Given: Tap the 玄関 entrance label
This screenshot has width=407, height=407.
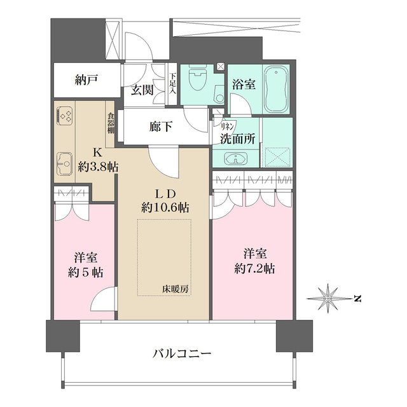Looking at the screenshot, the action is (142, 90).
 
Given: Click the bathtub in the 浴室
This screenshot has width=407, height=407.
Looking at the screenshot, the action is (276, 89).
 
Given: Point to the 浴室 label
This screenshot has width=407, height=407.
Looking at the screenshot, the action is (244, 85).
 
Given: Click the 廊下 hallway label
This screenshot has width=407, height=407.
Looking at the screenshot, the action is (161, 127).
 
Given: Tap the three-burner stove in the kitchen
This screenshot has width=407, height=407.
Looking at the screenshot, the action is (65, 116).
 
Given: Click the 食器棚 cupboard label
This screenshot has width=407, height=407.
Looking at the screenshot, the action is (111, 123).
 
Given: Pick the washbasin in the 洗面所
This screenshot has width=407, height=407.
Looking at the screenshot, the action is (236, 158).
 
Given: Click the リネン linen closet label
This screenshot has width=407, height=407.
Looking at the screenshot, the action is (228, 126).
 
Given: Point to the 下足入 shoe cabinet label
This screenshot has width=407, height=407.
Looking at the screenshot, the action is (172, 83).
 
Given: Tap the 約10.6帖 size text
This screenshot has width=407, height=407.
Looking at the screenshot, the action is (165, 208).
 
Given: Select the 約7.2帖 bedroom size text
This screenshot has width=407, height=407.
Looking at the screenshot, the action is (254, 269).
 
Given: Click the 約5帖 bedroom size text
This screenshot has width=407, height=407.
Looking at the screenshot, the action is (86, 273).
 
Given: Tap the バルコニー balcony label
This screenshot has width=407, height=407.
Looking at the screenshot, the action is (182, 354).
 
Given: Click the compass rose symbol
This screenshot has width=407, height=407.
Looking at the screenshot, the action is (328, 299).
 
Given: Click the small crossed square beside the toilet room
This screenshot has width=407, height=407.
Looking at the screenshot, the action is (221, 66).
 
